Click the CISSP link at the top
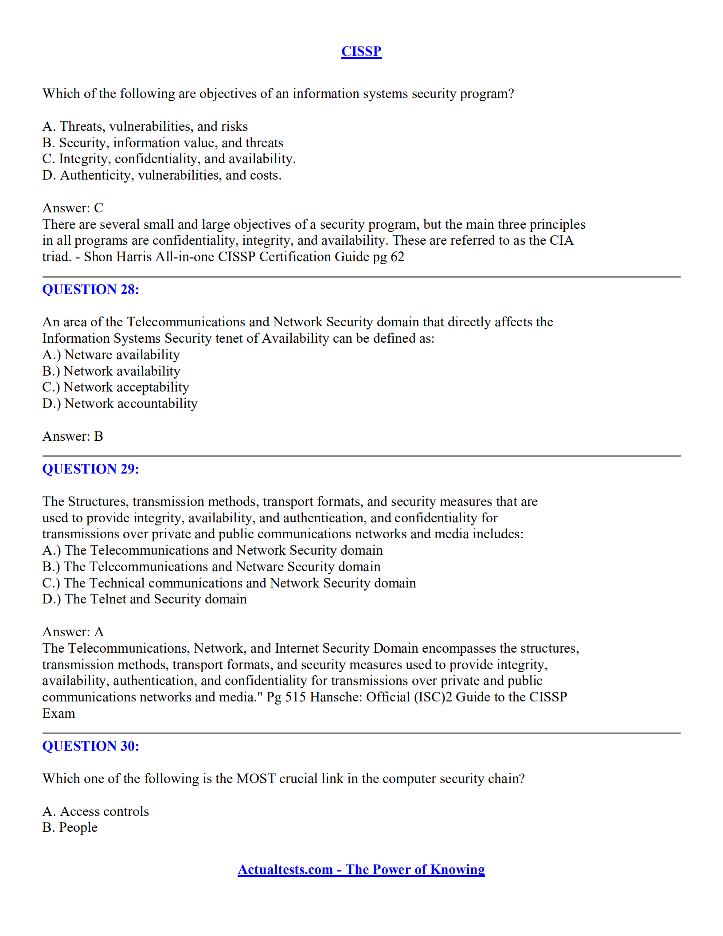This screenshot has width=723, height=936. (361, 51)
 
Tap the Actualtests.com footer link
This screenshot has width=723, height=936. (361, 869)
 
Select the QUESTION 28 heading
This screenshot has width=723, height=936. (90, 290)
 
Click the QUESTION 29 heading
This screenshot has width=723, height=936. (90, 469)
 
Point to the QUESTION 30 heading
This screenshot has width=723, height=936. (90, 746)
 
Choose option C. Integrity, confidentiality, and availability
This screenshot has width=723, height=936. (168, 159)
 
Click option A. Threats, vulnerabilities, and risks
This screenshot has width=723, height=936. (145, 126)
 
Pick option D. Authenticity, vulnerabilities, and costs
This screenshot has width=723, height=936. (162, 175)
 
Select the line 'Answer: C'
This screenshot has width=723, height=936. (73, 208)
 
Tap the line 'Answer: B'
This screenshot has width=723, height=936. (73, 436)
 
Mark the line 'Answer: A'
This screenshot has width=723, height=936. (73, 632)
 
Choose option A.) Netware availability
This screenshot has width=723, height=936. (111, 355)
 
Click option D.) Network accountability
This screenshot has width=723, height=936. (120, 403)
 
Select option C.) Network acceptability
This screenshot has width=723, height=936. (115, 387)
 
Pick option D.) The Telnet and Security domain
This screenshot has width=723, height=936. (144, 599)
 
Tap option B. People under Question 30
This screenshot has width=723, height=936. (70, 827)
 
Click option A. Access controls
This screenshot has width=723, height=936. (95, 811)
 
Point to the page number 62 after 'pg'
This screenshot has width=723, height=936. (397, 257)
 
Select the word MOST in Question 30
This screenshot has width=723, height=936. (256, 779)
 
